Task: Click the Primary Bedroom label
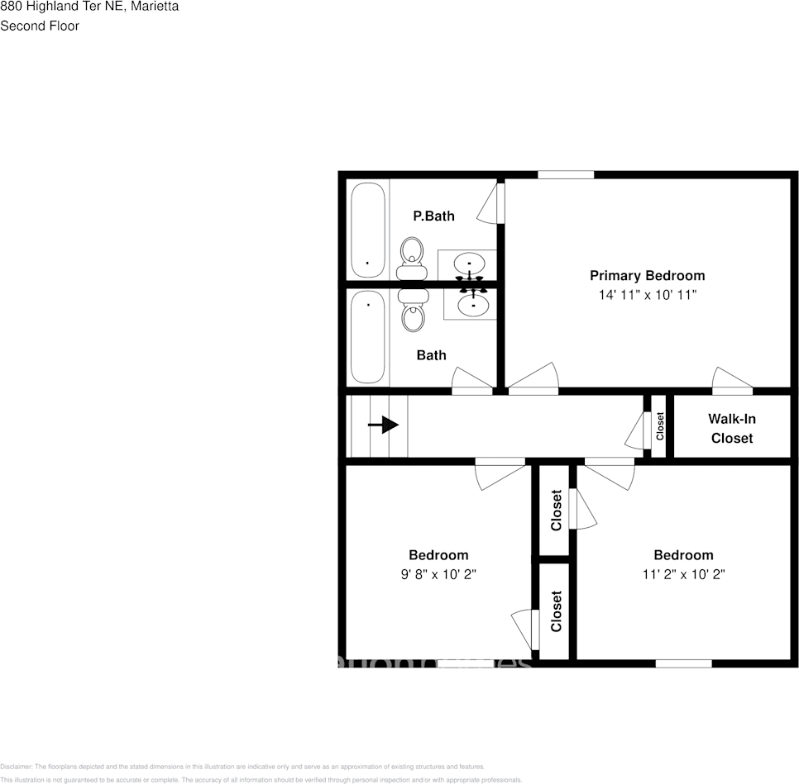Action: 647,275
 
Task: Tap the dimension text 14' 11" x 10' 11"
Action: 647,295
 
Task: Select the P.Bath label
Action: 433,216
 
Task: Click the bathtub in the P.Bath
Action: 368,230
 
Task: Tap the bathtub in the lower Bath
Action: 368,339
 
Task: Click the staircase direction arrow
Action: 383,425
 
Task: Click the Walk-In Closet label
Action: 732,428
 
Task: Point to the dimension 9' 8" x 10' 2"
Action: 438,574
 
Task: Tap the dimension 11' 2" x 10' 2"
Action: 683,574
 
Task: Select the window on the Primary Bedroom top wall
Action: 566,174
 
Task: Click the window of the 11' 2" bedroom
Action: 683,663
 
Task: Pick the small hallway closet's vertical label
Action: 660,425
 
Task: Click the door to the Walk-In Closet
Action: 733,382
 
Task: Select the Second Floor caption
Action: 40,26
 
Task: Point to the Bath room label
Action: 431,355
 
